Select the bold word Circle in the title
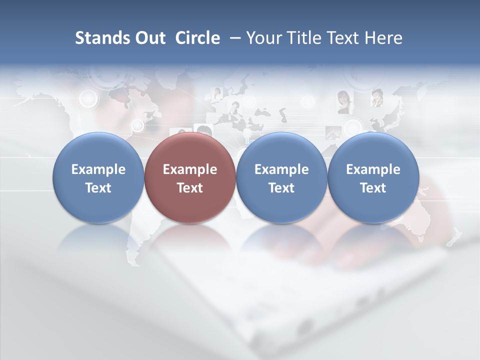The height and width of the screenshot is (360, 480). click(197, 38)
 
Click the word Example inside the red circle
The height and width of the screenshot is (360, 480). click(190, 169)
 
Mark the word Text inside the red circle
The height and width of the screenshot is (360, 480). click(190, 188)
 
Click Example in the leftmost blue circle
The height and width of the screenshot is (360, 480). click(98, 169)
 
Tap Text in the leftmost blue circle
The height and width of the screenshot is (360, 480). click(98, 188)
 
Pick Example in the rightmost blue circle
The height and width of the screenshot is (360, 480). click(373, 169)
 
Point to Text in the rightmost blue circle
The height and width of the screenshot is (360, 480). click(373, 188)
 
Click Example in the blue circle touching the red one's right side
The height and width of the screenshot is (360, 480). click(281, 169)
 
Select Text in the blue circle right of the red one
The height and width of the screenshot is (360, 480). click(281, 188)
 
